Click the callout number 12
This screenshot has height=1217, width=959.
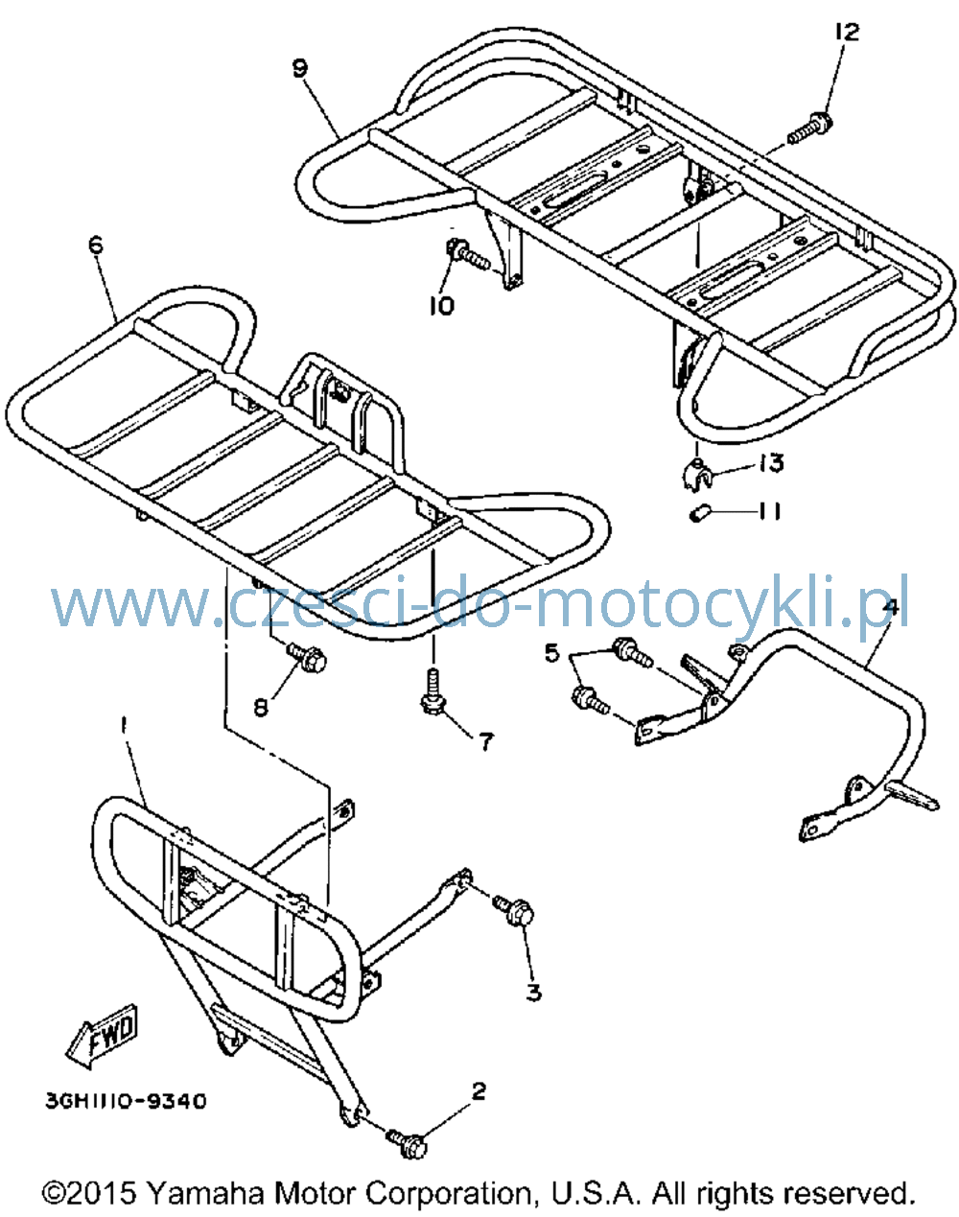pyautogui.click(x=847, y=32)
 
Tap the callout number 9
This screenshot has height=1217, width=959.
pyautogui.click(x=300, y=68)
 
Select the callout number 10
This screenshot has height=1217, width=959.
pyautogui.click(x=441, y=306)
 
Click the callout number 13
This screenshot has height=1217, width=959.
pyautogui.click(x=771, y=463)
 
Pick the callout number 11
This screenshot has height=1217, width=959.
pyautogui.click(x=769, y=511)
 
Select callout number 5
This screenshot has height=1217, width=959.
pyautogui.click(x=551, y=653)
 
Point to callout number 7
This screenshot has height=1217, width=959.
pyautogui.click(x=486, y=742)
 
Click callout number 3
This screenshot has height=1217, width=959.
pyautogui.click(x=533, y=992)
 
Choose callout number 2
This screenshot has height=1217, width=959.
pyautogui.click(x=479, y=1092)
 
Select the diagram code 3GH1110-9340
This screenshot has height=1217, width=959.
pyautogui.click(x=126, y=1101)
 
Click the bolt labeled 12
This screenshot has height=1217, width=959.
pyautogui.click(x=809, y=129)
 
